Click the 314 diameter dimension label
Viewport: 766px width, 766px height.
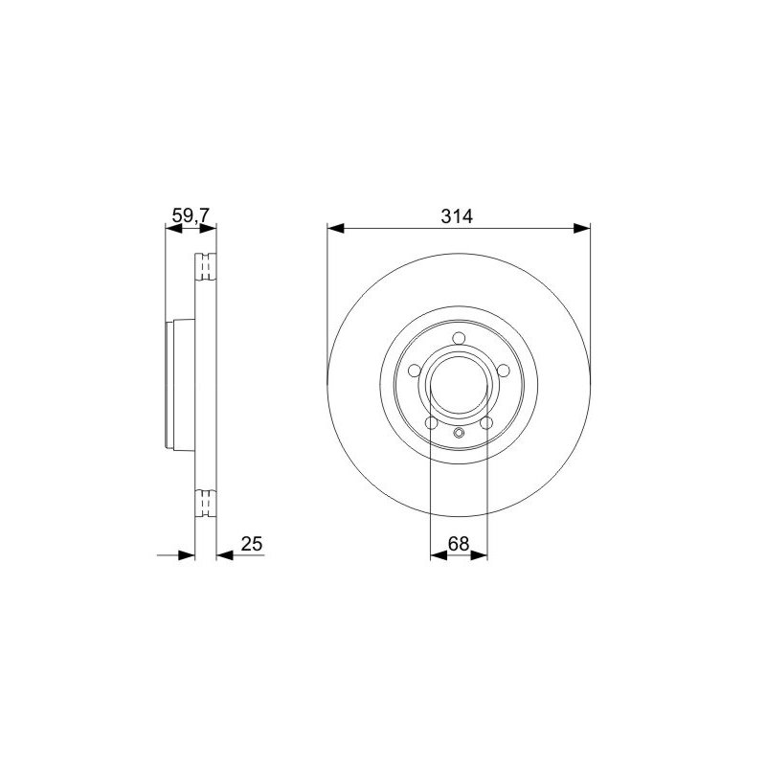(x=457, y=216)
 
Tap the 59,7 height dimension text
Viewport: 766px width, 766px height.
(x=191, y=214)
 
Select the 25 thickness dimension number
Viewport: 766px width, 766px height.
(x=252, y=543)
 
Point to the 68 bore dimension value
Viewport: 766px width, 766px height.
(x=459, y=543)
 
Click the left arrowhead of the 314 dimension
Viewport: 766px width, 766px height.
(x=336, y=228)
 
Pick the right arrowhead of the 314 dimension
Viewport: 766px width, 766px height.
(x=582, y=228)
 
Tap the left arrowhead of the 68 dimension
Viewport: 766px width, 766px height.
(x=439, y=555)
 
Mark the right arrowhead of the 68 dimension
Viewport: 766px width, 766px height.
(x=480, y=555)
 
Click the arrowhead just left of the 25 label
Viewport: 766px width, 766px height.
(x=224, y=555)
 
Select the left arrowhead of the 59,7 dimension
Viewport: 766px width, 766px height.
(x=174, y=228)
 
